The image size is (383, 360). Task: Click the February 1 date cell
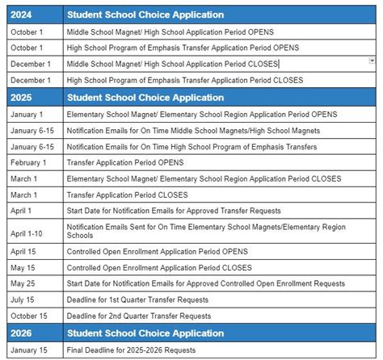pyautogui.click(x=28, y=161)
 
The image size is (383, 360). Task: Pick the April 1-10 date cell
pyautogui.click(x=30, y=233)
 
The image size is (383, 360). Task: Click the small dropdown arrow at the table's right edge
pyautogui.click(x=372, y=61)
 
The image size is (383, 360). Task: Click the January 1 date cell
pyautogui.click(x=27, y=115)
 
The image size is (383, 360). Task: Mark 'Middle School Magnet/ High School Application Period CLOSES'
pyautogui.click(x=172, y=64)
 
